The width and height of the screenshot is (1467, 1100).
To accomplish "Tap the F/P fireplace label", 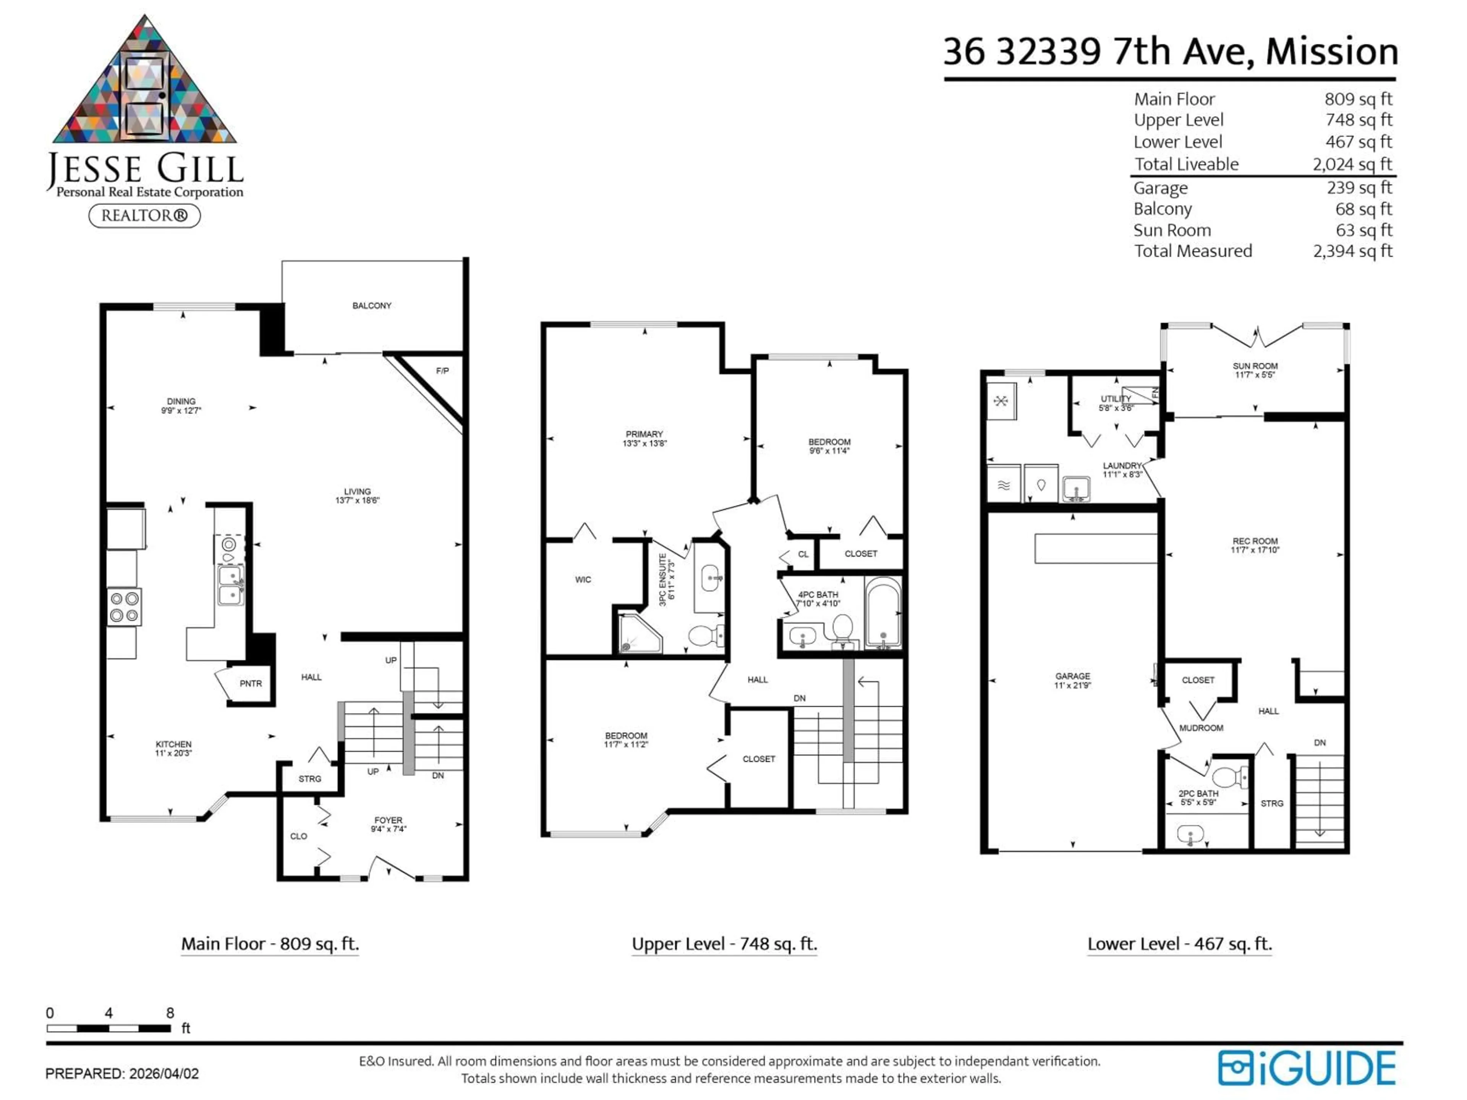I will [x=442, y=370].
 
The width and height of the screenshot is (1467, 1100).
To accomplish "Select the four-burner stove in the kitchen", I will [x=124, y=607].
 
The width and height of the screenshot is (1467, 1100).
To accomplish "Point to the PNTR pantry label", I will [x=251, y=684].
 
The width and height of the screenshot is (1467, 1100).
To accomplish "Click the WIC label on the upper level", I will [x=583, y=579].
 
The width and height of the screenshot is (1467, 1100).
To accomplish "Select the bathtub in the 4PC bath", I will [x=883, y=612].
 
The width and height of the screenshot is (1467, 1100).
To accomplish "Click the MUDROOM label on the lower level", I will [x=1201, y=728].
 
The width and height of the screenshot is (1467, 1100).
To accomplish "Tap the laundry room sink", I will [x=1076, y=489].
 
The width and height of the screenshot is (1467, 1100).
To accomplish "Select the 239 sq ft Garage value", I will [x=1359, y=188].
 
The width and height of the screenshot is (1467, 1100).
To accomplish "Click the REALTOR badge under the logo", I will [x=144, y=215].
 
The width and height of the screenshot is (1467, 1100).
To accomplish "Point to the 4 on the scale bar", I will [x=109, y=1013].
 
